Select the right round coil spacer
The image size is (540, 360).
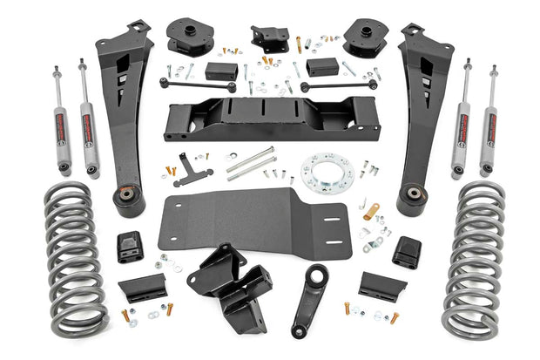point(364,37)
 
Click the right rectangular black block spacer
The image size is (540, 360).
point(321,66)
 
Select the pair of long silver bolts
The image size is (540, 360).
point(253,163)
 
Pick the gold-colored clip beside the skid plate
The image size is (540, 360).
point(372,211)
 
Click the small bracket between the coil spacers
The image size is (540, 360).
point(271,36)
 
